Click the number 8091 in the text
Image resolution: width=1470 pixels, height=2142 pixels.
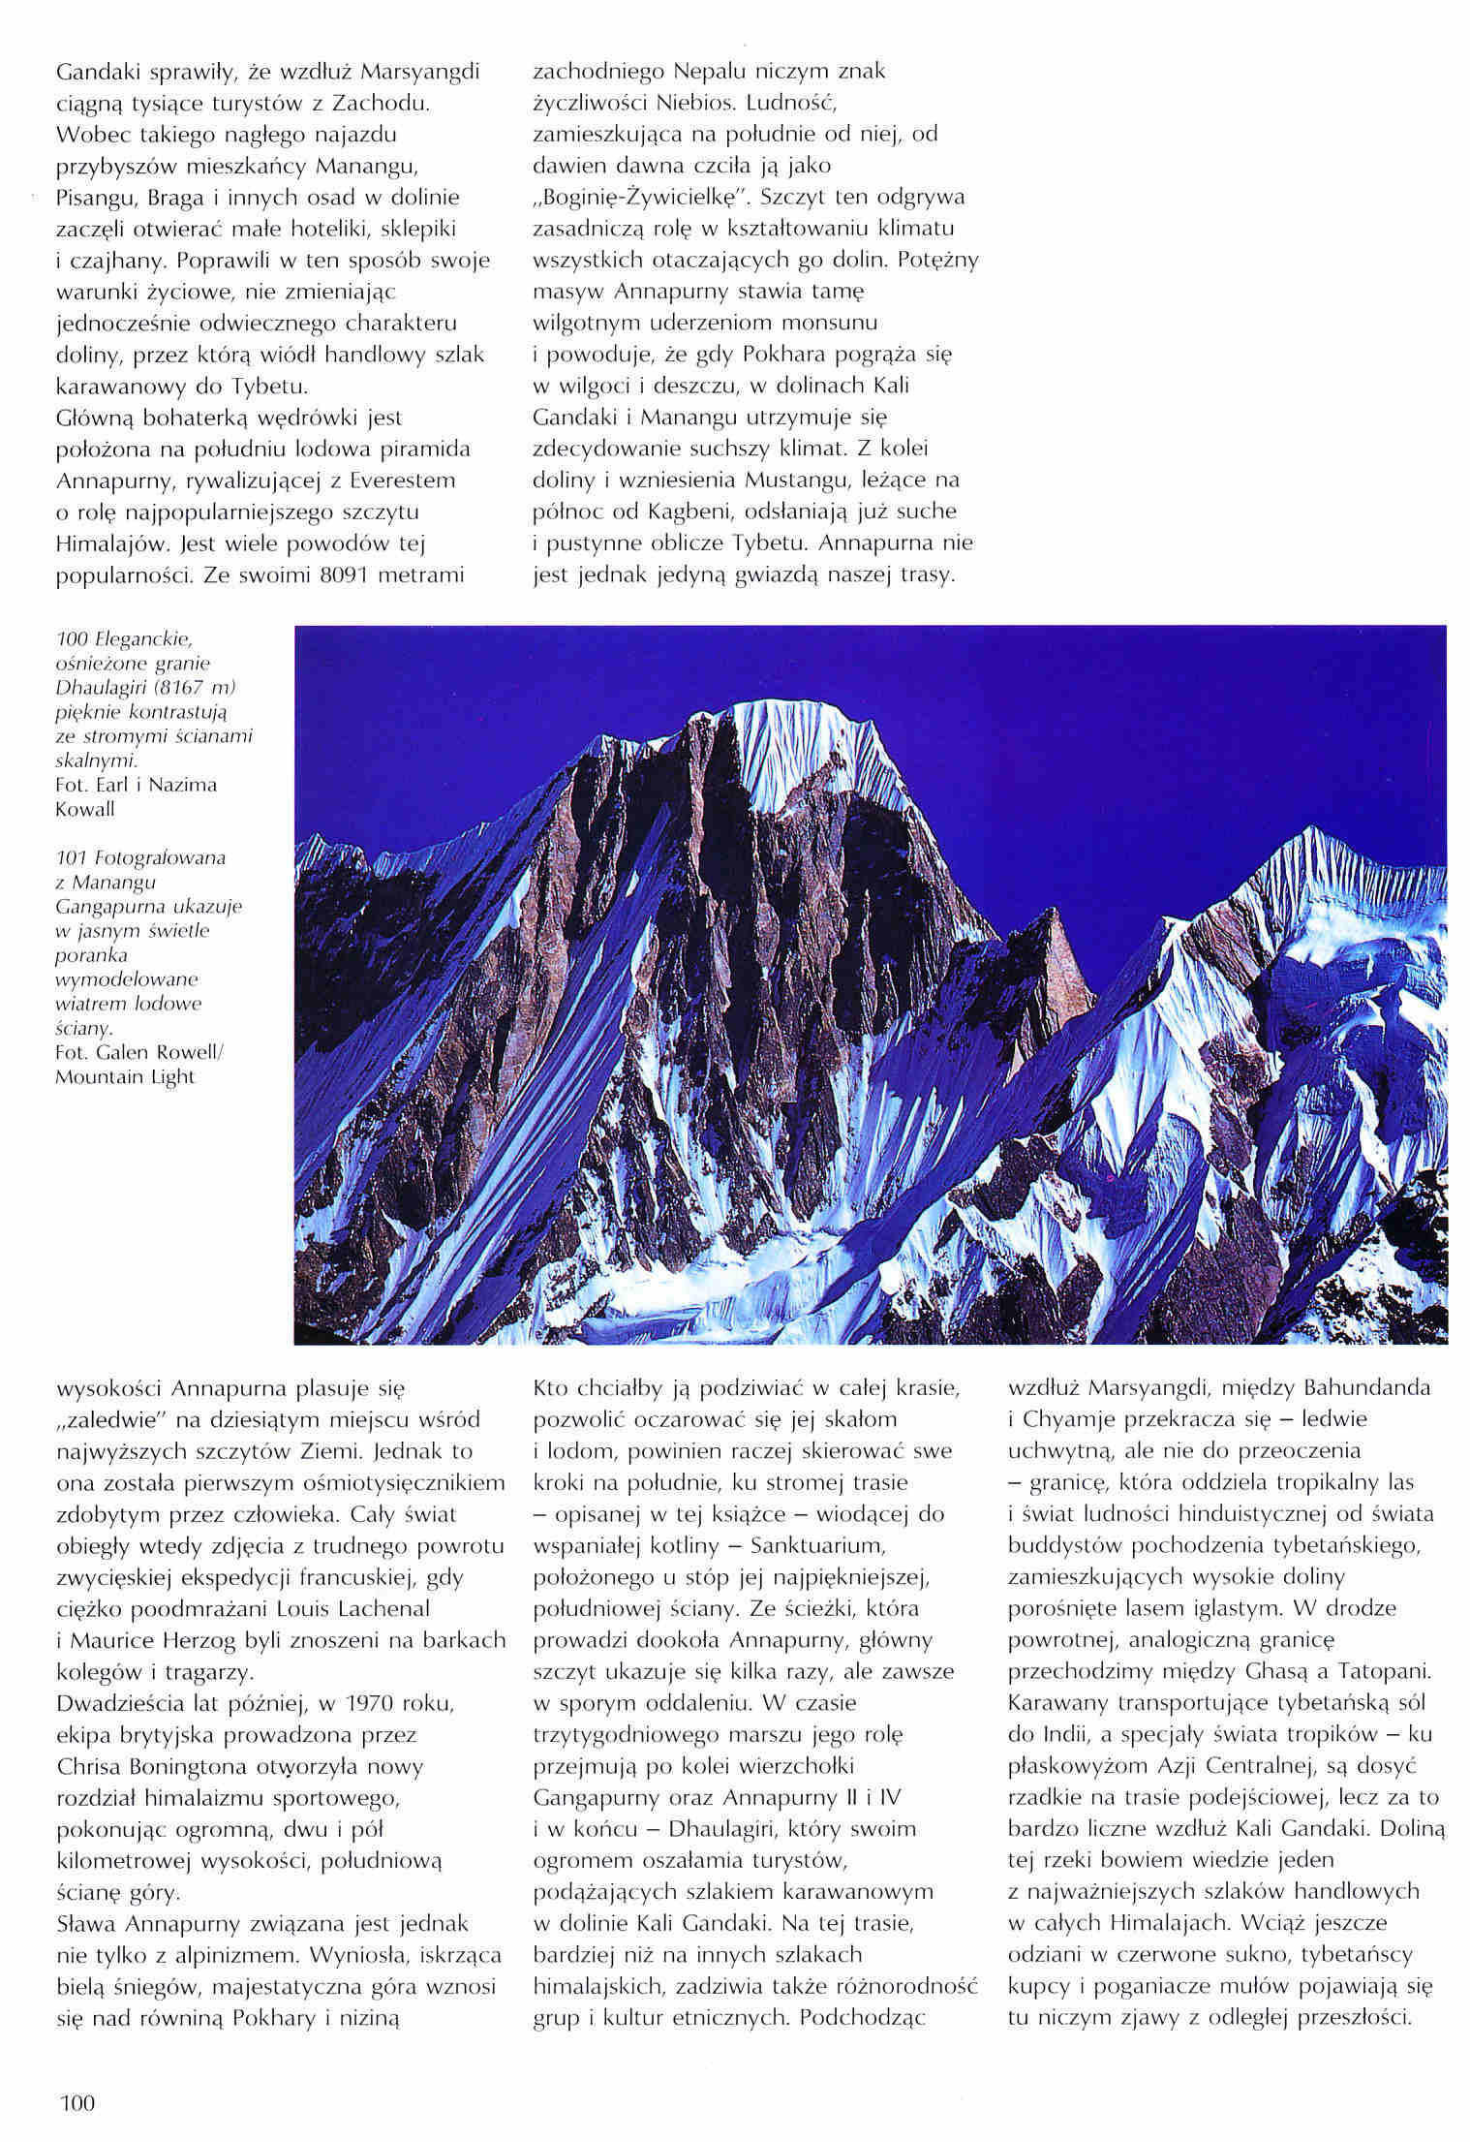click(x=346, y=574)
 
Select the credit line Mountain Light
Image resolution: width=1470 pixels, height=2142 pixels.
click(x=125, y=1076)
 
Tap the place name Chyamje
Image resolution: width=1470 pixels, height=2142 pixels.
click(x=1080, y=1419)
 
